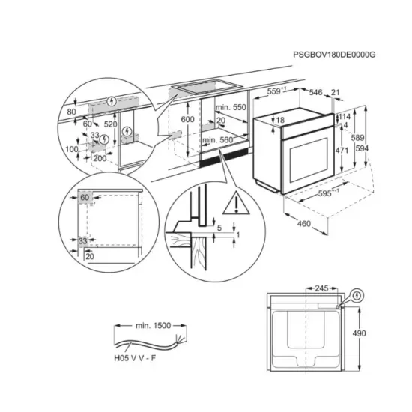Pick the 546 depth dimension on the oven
click(x=318, y=93)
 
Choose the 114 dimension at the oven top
click(x=345, y=117)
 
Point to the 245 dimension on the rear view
click(x=323, y=287)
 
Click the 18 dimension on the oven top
click(x=279, y=120)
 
